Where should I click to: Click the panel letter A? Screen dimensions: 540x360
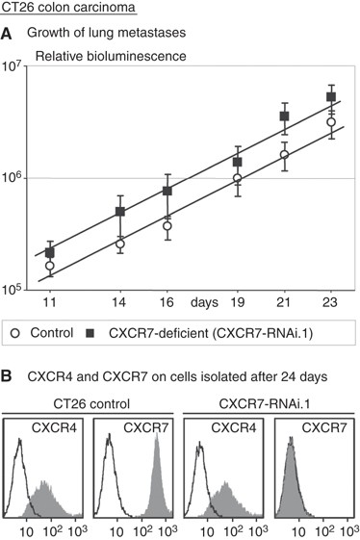8,36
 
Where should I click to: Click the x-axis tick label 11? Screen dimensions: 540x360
50,302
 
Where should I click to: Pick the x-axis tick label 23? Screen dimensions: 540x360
330,302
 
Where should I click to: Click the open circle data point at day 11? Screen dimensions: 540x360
50,266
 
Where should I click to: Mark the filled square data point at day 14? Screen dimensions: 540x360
120,211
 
